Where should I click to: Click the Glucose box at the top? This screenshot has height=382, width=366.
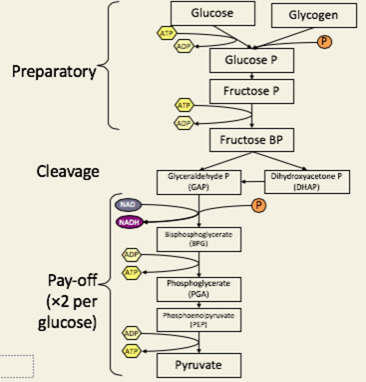click(212, 13)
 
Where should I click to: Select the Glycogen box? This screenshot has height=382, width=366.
click(313, 15)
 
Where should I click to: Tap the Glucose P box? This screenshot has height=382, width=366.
click(251, 60)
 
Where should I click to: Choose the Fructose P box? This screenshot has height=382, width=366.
click(251, 91)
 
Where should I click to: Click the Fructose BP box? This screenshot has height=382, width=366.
click(251, 140)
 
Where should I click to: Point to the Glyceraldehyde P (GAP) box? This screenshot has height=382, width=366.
click(199, 182)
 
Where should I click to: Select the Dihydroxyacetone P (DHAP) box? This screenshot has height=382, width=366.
click(307, 182)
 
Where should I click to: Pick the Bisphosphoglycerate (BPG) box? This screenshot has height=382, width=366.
click(199, 239)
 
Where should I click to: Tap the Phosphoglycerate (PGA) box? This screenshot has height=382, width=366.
click(199, 289)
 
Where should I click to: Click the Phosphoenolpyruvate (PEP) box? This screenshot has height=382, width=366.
click(199, 320)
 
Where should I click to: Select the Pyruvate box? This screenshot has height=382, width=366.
click(199, 365)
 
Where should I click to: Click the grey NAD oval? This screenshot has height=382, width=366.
click(128, 205)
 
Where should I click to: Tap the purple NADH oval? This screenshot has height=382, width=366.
click(129, 223)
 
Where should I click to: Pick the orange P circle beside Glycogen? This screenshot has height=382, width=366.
click(324, 42)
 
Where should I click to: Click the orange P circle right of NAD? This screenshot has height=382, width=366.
click(259, 205)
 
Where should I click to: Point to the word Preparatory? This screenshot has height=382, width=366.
click(54, 72)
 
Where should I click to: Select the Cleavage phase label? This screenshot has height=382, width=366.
click(68, 172)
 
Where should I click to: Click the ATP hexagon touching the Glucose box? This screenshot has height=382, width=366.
click(167, 33)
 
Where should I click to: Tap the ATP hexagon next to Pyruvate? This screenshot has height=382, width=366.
click(131, 351)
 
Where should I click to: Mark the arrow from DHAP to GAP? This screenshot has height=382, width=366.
click(253, 182)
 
